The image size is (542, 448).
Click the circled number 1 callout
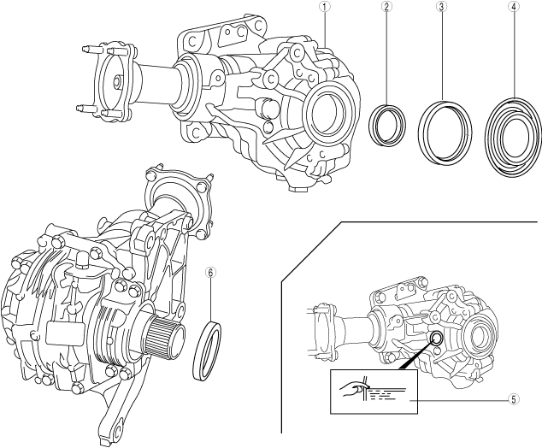(x=325, y=7)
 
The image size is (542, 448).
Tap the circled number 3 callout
(x=441, y=7)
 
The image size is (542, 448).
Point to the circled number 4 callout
(x=513, y=7)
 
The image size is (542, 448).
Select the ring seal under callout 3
(x=445, y=129)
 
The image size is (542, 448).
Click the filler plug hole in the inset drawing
(x=436, y=339)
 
